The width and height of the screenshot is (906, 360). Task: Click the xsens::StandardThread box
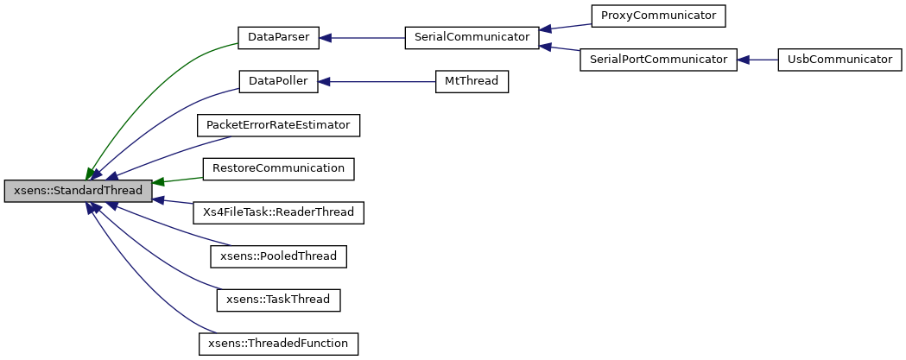pyautogui.click(x=78, y=191)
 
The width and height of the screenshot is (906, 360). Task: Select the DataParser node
pyautogui.click(x=278, y=38)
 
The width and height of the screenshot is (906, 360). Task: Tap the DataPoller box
pyautogui.click(x=278, y=82)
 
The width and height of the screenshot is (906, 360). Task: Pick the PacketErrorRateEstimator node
pyautogui.click(x=278, y=126)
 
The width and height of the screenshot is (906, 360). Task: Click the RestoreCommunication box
pyautogui.click(x=278, y=168)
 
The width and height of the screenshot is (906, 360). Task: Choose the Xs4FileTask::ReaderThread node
pyautogui.click(x=278, y=212)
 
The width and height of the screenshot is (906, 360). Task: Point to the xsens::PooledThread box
pyautogui.click(x=278, y=256)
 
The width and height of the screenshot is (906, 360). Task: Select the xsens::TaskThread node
pyautogui.click(x=278, y=300)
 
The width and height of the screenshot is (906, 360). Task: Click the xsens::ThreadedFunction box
pyautogui.click(x=278, y=344)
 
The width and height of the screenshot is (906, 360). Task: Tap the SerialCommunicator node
pyautogui.click(x=472, y=38)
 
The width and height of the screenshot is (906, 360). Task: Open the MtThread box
pyautogui.click(x=472, y=82)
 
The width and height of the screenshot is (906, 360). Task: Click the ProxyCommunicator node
pyautogui.click(x=658, y=16)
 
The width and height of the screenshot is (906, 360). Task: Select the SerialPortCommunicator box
pyautogui.click(x=658, y=60)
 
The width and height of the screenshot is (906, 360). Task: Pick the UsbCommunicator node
pyautogui.click(x=834, y=60)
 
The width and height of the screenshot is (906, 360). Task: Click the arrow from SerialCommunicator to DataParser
pyautogui.click(x=363, y=38)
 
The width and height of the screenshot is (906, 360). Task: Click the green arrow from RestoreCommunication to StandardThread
pyautogui.click(x=177, y=180)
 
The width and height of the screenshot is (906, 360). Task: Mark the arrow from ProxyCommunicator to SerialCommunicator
pyautogui.click(x=565, y=28)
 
